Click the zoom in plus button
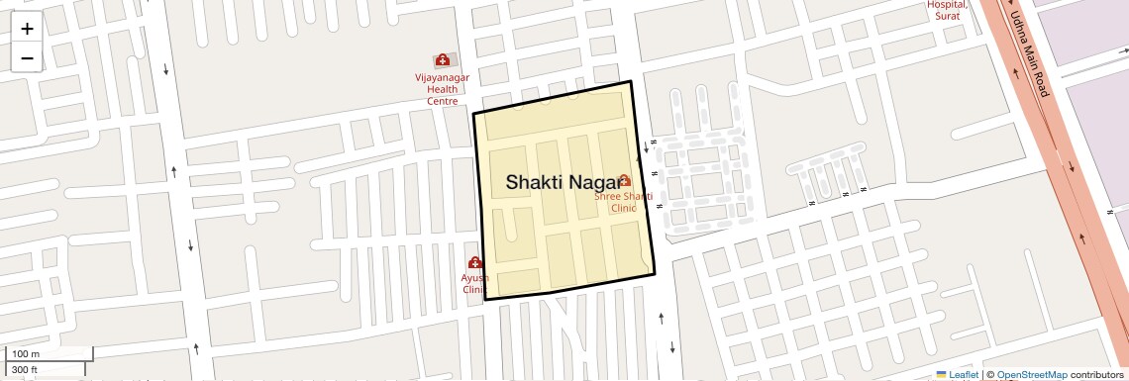tap(27, 29)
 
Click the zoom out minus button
tap(27, 58)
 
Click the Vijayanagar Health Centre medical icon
tap(442, 60)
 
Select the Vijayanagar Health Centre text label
tap(442, 88)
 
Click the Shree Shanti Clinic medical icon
tap(625, 180)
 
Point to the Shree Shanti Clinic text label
tap(623, 203)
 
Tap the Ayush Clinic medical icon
tap(475, 262)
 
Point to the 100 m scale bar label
tap(26, 354)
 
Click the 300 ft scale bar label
tap(26, 370)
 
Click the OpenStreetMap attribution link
tap(1031, 375)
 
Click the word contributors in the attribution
tap(1096, 375)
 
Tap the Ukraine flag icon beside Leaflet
tap(942, 375)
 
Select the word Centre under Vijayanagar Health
tap(442, 101)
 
